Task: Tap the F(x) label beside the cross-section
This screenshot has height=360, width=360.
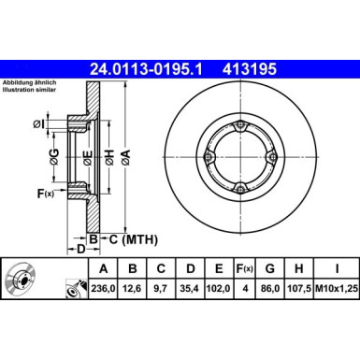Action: click(x=42, y=194)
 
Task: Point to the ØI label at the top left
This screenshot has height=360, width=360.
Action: click(x=38, y=124)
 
